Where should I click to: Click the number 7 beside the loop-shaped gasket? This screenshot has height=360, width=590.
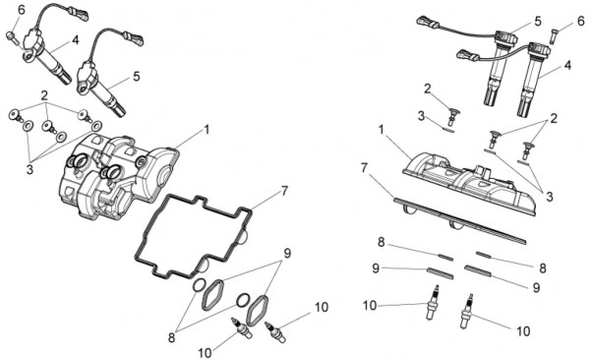click(284, 191)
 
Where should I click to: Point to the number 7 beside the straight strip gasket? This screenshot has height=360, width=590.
click(364, 168)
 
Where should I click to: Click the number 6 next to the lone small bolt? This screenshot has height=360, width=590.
click(581, 22)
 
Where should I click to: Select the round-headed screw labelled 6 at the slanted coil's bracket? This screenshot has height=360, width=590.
click(11, 37)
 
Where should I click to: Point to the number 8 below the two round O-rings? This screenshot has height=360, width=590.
click(171, 337)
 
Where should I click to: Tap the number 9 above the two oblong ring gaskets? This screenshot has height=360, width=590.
click(287, 253)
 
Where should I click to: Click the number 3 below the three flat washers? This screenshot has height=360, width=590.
click(29, 169)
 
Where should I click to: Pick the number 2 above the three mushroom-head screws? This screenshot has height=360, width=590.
click(45, 94)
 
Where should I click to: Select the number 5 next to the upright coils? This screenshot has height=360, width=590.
click(538, 22)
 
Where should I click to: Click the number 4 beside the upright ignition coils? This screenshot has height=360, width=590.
click(567, 65)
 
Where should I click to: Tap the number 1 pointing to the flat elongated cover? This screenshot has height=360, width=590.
click(382, 130)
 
